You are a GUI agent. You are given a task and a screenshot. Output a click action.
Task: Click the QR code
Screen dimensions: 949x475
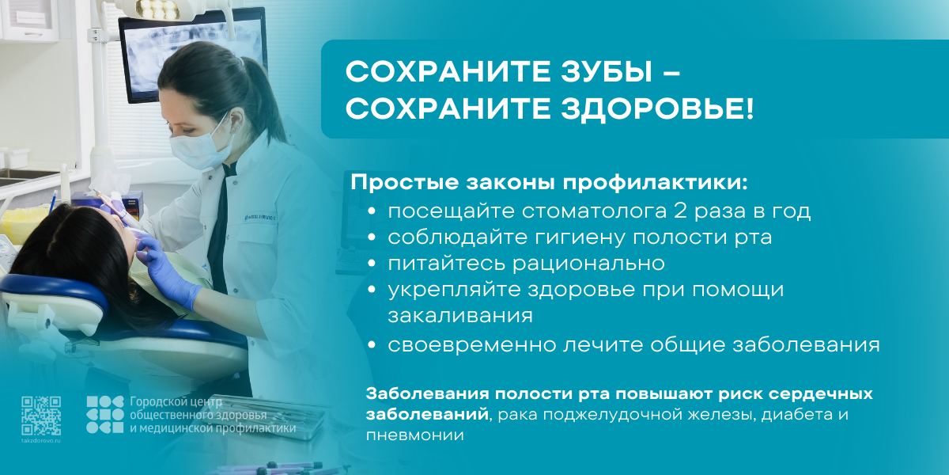(x=41, y=416)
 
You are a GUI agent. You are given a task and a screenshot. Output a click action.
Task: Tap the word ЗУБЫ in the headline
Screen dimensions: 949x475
(x=607, y=71)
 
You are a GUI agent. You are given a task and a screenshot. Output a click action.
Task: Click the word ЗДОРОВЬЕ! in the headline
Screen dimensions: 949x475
(x=657, y=108)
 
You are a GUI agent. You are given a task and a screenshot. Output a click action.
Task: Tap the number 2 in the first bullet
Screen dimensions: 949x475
(x=680, y=211)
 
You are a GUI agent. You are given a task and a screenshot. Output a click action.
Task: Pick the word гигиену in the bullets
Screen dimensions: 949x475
(x=580, y=237)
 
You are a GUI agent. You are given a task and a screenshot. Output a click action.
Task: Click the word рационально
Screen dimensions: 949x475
(x=588, y=264)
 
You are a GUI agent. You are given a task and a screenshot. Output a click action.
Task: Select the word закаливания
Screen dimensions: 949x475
(x=460, y=316)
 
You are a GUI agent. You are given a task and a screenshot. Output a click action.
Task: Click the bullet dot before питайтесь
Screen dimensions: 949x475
(x=372, y=264)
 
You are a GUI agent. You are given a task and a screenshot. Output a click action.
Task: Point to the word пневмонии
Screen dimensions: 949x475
(x=414, y=435)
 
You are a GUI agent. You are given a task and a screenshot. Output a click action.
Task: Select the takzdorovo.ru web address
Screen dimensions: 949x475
(x=41, y=441)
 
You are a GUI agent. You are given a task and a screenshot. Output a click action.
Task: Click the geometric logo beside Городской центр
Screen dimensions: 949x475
(x=104, y=415)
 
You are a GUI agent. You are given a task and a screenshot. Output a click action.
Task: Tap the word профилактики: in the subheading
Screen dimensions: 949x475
(x=655, y=183)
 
